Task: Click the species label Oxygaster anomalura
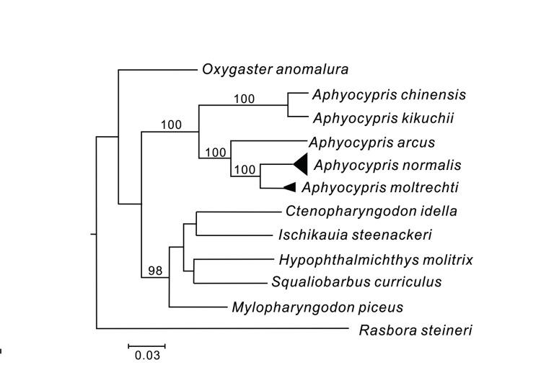(275, 70)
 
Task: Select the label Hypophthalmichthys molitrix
(375, 259)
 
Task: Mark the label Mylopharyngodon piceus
(317, 307)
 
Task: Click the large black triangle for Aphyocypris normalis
(302, 165)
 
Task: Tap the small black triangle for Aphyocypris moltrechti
(290, 187)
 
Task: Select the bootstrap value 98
(155, 271)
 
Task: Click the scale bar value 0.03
(147, 356)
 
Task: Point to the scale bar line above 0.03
(147, 346)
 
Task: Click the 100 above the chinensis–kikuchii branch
(244, 99)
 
